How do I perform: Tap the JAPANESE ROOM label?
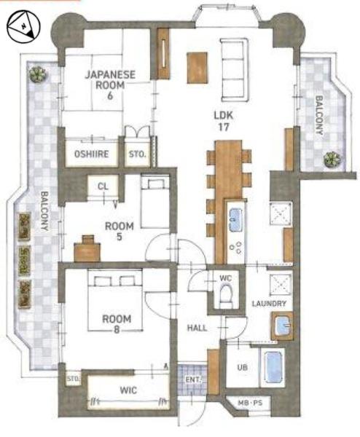(x=111, y=79)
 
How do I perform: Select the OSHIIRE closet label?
(x=92, y=154)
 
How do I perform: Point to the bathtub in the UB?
(x=273, y=367)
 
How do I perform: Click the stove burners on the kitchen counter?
(x=235, y=247)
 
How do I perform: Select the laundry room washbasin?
(x=282, y=326)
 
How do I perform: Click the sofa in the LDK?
(x=235, y=70)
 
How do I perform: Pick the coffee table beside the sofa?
(x=197, y=68)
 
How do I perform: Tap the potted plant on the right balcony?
(x=332, y=159)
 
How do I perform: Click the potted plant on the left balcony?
(x=38, y=74)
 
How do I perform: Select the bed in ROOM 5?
(x=155, y=201)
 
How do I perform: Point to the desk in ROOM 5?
(x=87, y=250)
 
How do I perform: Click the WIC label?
(x=128, y=390)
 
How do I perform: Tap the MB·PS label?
(x=250, y=403)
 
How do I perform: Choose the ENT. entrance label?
(x=193, y=379)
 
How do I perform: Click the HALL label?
(x=197, y=328)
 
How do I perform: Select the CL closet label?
(x=103, y=186)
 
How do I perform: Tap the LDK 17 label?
(x=224, y=121)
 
